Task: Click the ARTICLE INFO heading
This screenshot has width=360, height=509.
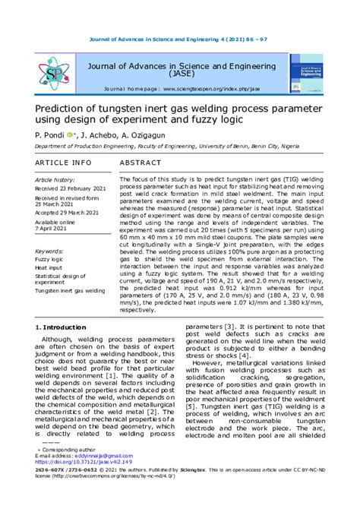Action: (x=64, y=163)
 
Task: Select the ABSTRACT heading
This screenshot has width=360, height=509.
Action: (x=141, y=163)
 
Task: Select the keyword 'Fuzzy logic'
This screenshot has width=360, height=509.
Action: (x=51, y=259)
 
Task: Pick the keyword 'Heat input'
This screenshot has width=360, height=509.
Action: (x=50, y=268)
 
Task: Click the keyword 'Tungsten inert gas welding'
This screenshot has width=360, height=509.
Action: (x=71, y=291)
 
